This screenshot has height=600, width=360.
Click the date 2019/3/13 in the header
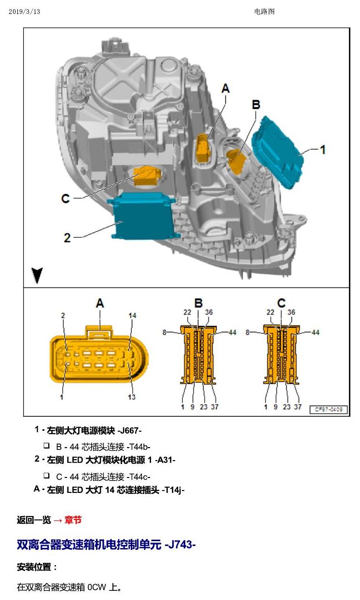coord(24,12)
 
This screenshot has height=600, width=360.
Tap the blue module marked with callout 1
coord(278,152)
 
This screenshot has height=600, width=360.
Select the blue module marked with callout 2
coord(143,216)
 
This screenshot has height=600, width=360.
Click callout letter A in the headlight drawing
coord(226,88)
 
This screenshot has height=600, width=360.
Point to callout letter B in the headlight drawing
coord(256,105)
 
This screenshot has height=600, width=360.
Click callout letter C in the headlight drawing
coord(66,199)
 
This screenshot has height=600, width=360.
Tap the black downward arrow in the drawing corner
coord(37,275)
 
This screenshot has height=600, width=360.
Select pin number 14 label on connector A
coord(132,315)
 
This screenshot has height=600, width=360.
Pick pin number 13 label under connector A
coord(132,397)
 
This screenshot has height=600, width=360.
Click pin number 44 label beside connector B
coord(232,332)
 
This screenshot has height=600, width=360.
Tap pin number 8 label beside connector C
coord(248,332)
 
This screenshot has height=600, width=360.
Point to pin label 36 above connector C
coord(291,312)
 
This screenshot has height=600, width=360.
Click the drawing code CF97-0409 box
coord(329,409)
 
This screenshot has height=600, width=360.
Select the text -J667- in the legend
coord(129,431)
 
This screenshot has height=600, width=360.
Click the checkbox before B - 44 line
coord(47,446)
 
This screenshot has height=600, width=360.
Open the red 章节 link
coord(73,520)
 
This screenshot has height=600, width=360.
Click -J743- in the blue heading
coord(180,545)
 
